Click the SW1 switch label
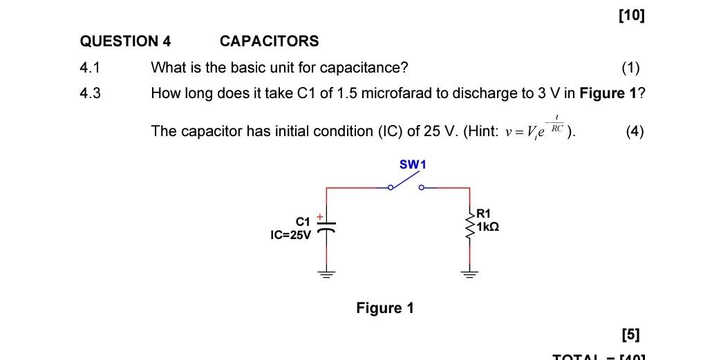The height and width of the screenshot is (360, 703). pyautogui.click(x=413, y=164)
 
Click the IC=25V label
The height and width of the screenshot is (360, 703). pyautogui.click(x=291, y=235)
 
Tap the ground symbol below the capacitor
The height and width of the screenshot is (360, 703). pyautogui.click(x=326, y=273)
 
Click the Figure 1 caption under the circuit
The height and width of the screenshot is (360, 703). pyautogui.click(x=384, y=308)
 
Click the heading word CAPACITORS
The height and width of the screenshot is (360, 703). pyautogui.click(x=269, y=41)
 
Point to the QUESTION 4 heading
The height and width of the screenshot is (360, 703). pyautogui.click(x=125, y=41)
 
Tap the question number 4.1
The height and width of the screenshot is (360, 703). pyautogui.click(x=90, y=68)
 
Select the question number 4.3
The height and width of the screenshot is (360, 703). pyautogui.click(x=90, y=93)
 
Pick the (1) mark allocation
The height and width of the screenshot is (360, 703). pyautogui.click(x=630, y=68)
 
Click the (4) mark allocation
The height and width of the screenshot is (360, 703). pyautogui.click(x=634, y=131)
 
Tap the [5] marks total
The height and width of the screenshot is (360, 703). pyautogui.click(x=630, y=335)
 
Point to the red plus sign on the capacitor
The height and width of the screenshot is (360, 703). pyautogui.click(x=320, y=217)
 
